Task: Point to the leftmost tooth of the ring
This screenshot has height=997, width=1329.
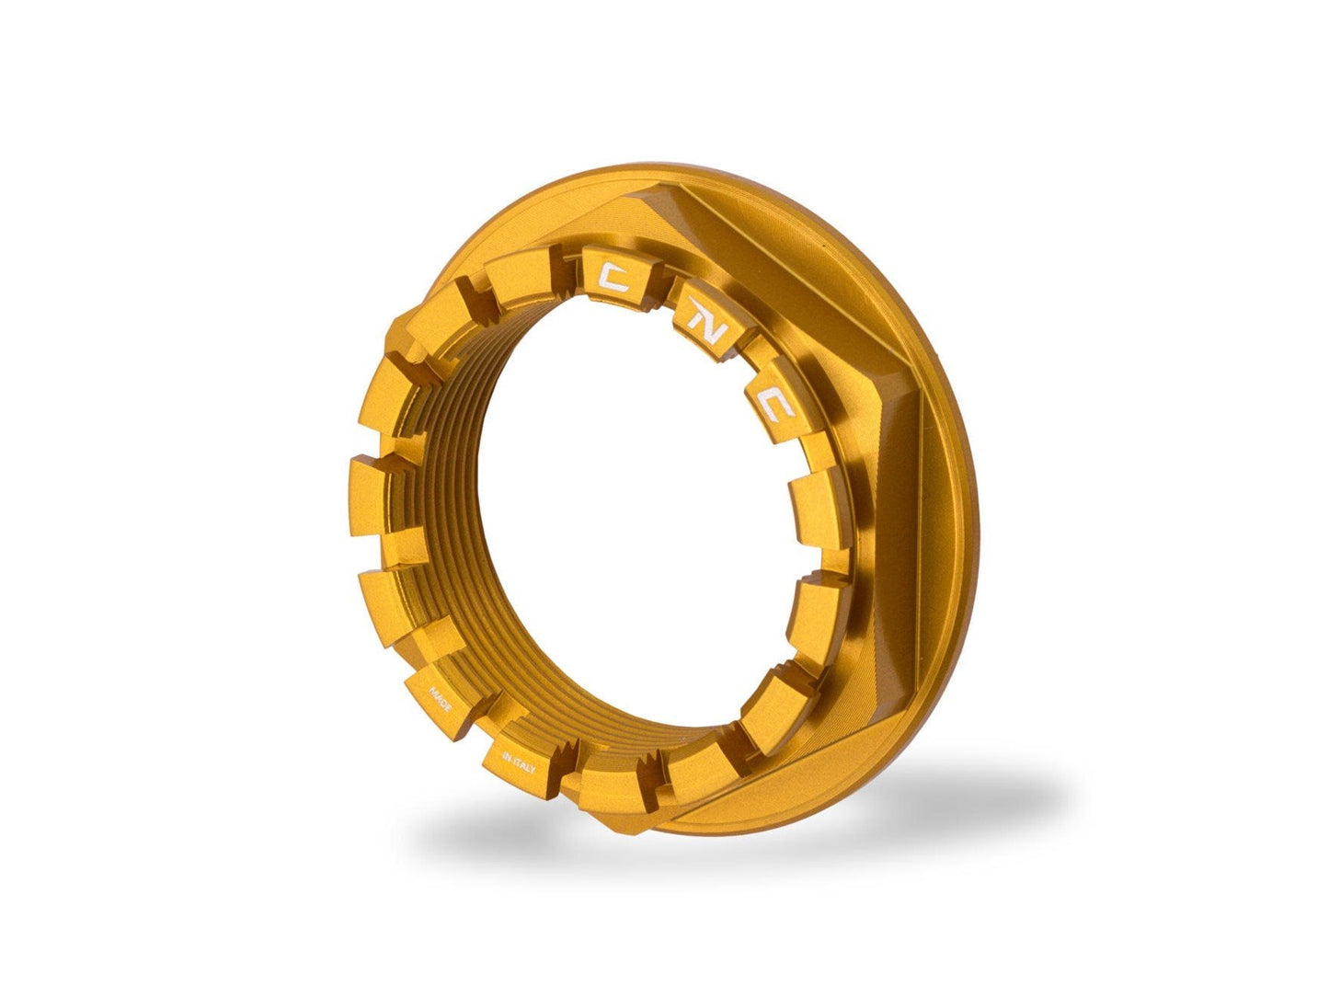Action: (379, 497)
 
